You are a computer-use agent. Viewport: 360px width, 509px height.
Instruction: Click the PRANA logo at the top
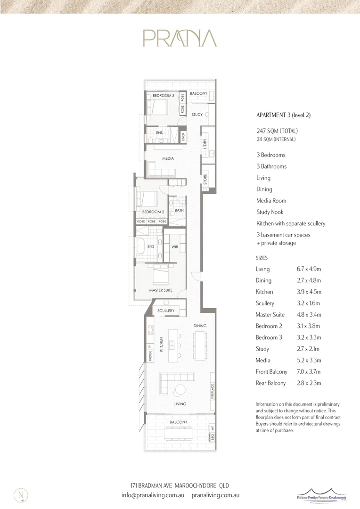click(x=180, y=38)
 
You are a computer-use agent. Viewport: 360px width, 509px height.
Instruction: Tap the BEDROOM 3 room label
click(x=164, y=96)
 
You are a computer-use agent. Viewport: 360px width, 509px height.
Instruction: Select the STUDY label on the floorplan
click(x=197, y=115)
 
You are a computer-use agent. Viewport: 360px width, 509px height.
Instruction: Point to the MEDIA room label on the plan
click(x=168, y=158)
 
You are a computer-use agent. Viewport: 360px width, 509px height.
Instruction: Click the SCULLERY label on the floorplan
click(x=166, y=311)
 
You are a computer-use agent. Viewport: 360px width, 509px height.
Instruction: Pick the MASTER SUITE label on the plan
click(x=161, y=290)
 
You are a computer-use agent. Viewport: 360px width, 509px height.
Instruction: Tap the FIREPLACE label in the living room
click(x=213, y=391)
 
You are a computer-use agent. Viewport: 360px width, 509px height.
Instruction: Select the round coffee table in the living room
click(x=180, y=389)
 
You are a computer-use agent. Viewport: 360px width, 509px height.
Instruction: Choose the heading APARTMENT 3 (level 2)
click(x=283, y=115)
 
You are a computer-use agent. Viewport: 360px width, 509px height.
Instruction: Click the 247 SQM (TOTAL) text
click(x=277, y=131)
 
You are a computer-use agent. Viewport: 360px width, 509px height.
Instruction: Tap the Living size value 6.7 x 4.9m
click(x=308, y=269)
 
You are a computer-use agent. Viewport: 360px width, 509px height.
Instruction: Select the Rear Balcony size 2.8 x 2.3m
click(x=308, y=383)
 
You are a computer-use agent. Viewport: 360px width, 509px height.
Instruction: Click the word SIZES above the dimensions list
click(x=262, y=258)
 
